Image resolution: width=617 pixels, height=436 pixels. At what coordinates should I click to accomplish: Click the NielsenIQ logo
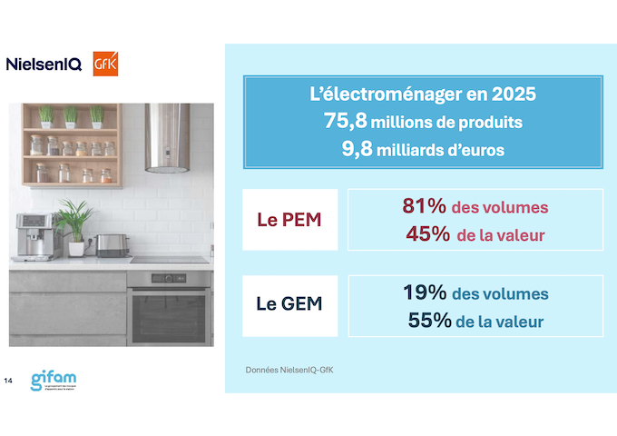click(44, 64)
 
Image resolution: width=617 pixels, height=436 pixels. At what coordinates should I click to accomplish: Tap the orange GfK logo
click(105, 64)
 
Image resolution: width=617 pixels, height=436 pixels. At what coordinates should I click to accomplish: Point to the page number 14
click(9, 379)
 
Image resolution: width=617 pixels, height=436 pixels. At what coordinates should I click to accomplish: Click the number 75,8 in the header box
click(341, 121)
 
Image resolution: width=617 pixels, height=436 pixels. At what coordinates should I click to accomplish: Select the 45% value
click(427, 233)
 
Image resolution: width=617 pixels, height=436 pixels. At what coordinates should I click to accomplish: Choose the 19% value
click(425, 292)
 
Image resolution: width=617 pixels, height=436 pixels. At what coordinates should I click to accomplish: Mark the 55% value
click(427, 320)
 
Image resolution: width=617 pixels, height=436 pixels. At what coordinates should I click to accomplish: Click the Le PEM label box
click(289, 220)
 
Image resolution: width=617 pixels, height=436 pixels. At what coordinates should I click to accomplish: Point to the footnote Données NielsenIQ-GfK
click(296, 371)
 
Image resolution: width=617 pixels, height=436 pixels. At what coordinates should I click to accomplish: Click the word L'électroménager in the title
click(385, 94)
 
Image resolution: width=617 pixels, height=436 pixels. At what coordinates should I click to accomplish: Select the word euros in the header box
click(478, 149)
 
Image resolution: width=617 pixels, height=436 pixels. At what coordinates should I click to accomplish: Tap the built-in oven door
click(169, 313)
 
